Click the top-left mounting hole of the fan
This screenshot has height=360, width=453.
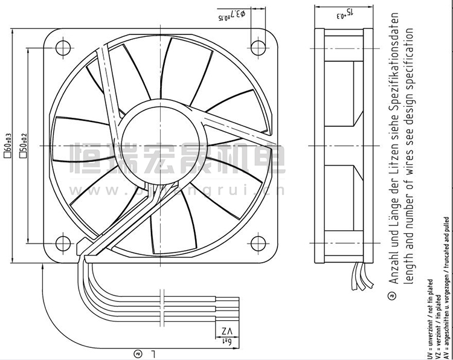[63, 47]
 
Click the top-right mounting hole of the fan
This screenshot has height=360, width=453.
[259, 47]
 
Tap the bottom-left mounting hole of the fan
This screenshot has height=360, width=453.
[63, 243]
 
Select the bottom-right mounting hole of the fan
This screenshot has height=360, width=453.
[259, 243]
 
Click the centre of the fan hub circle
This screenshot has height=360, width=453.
[160, 145]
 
